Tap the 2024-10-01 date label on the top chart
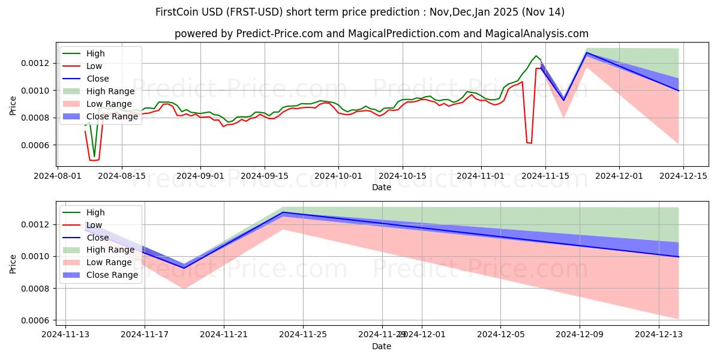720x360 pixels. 338,176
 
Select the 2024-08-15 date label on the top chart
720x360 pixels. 122,176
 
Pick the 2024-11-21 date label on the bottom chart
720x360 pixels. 224,335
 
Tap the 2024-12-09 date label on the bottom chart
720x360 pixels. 580,335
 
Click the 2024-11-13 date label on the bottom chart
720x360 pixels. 65,335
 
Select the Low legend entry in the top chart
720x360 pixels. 95,66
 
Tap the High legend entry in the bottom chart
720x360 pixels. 96,212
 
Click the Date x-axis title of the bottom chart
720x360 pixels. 382,346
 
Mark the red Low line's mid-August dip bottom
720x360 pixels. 92,160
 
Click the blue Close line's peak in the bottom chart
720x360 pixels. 283,212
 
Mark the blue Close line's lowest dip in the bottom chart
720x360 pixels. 184,268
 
